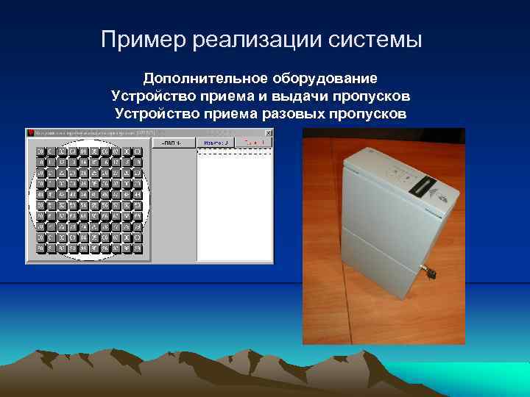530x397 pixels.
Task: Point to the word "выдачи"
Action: point(312,96)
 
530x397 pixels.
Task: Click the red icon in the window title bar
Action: point(31,132)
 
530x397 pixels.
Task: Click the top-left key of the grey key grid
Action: point(40,151)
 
